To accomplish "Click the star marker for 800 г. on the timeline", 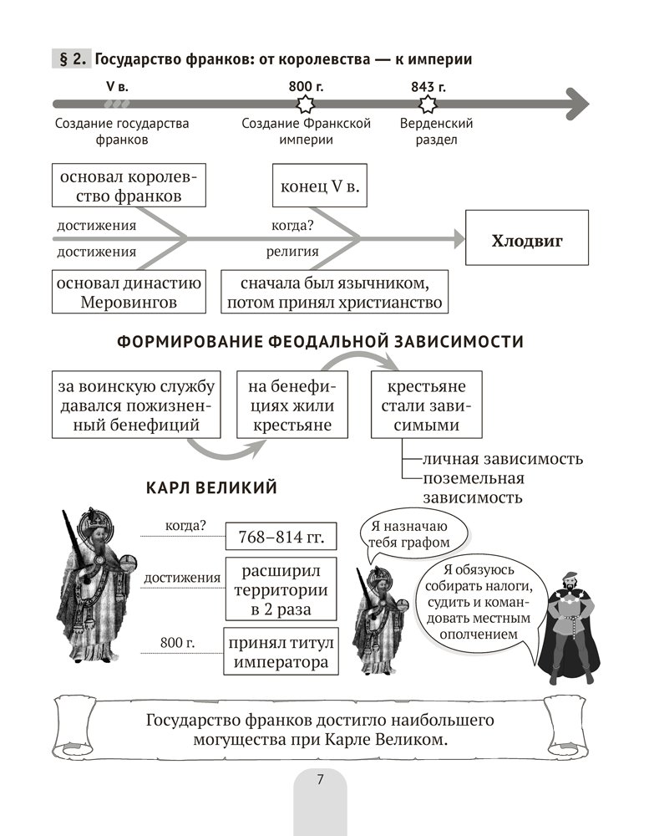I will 305,104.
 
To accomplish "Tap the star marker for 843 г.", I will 428,104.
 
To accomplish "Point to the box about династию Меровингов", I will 129,292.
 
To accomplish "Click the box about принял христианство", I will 334,292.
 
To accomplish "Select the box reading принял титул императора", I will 280,653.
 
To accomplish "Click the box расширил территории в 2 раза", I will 280,591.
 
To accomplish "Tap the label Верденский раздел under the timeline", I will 436,131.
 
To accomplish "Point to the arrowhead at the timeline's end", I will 576,104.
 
